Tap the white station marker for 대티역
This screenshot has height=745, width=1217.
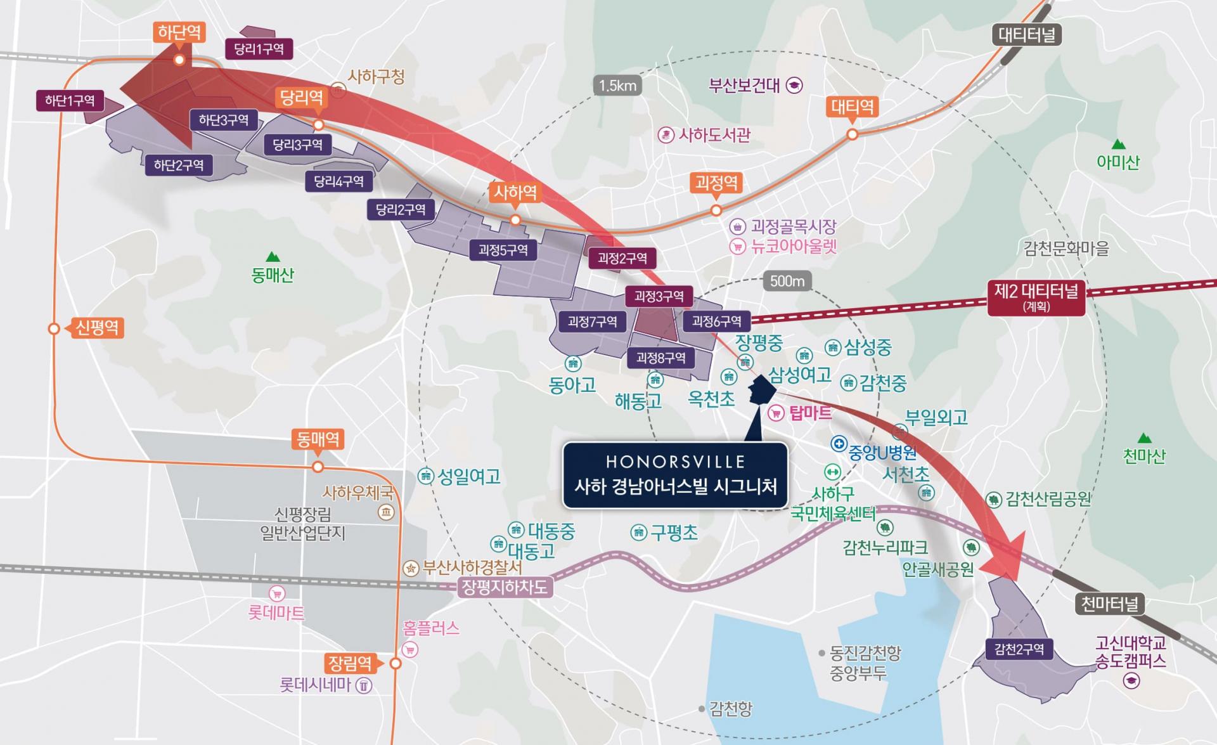point(853,134)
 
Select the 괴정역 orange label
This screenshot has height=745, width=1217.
point(716,184)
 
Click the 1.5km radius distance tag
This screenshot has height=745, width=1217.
point(617,86)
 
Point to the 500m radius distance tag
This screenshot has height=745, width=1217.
point(787,281)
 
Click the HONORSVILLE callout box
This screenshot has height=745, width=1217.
point(675,476)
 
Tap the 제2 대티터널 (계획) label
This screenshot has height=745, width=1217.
point(1036,297)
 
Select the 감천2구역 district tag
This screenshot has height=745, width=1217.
point(1019,649)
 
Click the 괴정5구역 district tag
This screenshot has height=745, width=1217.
point(503,250)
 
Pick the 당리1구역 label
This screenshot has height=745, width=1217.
point(259,49)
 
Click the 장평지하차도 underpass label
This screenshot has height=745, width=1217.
point(505,587)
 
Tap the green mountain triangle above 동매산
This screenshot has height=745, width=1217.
point(273,257)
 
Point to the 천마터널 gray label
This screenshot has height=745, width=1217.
point(1110,604)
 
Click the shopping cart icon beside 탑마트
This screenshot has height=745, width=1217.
point(776,414)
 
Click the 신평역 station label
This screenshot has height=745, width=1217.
point(96,328)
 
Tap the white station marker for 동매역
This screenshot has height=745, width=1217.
point(318,467)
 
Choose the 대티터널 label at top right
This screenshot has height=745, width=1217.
point(1027,34)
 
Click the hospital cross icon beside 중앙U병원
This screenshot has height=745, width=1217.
point(839,444)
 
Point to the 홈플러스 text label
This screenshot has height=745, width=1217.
point(431,628)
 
